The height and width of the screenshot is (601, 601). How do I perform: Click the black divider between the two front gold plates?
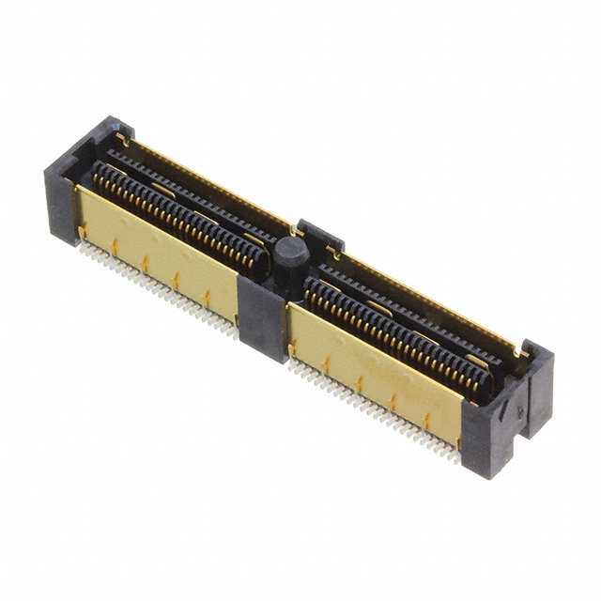pos(261,315)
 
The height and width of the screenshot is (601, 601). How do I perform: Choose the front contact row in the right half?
pos(394,329)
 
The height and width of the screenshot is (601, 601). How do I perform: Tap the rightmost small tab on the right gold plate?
pos(427,420)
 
